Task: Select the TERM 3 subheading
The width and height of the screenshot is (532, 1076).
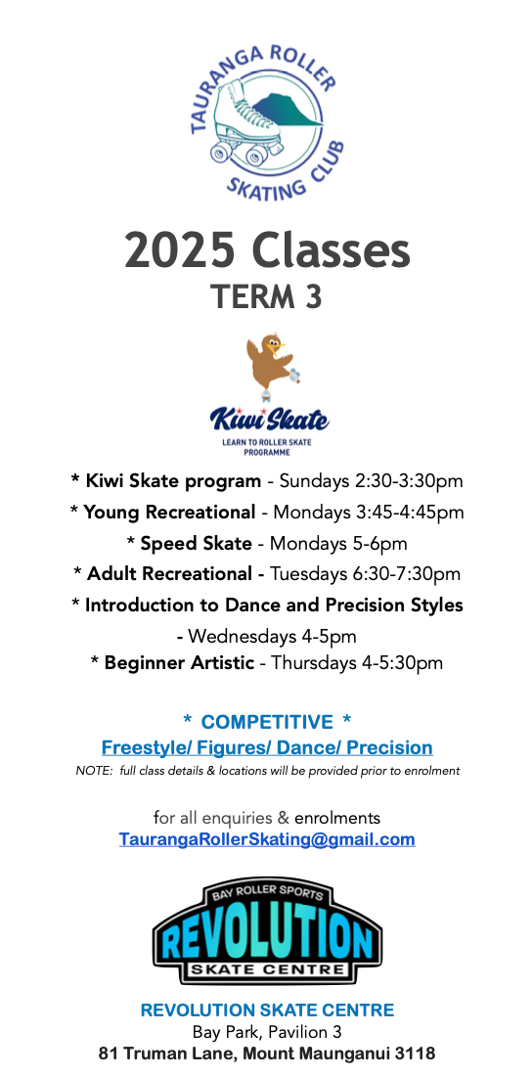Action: tap(266, 296)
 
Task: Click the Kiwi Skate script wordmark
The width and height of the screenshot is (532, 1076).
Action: tap(269, 419)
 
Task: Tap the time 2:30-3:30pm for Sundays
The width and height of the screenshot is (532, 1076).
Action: tap(409, 481)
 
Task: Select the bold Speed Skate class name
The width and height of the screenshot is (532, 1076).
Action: tap(196, 544)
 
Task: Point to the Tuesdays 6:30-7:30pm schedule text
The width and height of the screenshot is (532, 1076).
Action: tap(365, 573)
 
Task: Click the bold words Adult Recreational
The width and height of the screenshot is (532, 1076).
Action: tap(169, 573)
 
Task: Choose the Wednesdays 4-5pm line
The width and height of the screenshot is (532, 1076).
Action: tap(266, 636)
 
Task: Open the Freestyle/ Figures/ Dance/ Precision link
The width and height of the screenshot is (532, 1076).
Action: tap(267, 747)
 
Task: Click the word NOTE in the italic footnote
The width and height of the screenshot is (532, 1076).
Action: tap(93, 771)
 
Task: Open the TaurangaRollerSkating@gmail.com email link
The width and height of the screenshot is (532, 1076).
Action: tap(267, 839)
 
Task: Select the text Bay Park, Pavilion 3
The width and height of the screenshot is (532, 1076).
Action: tap(266, 1032)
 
